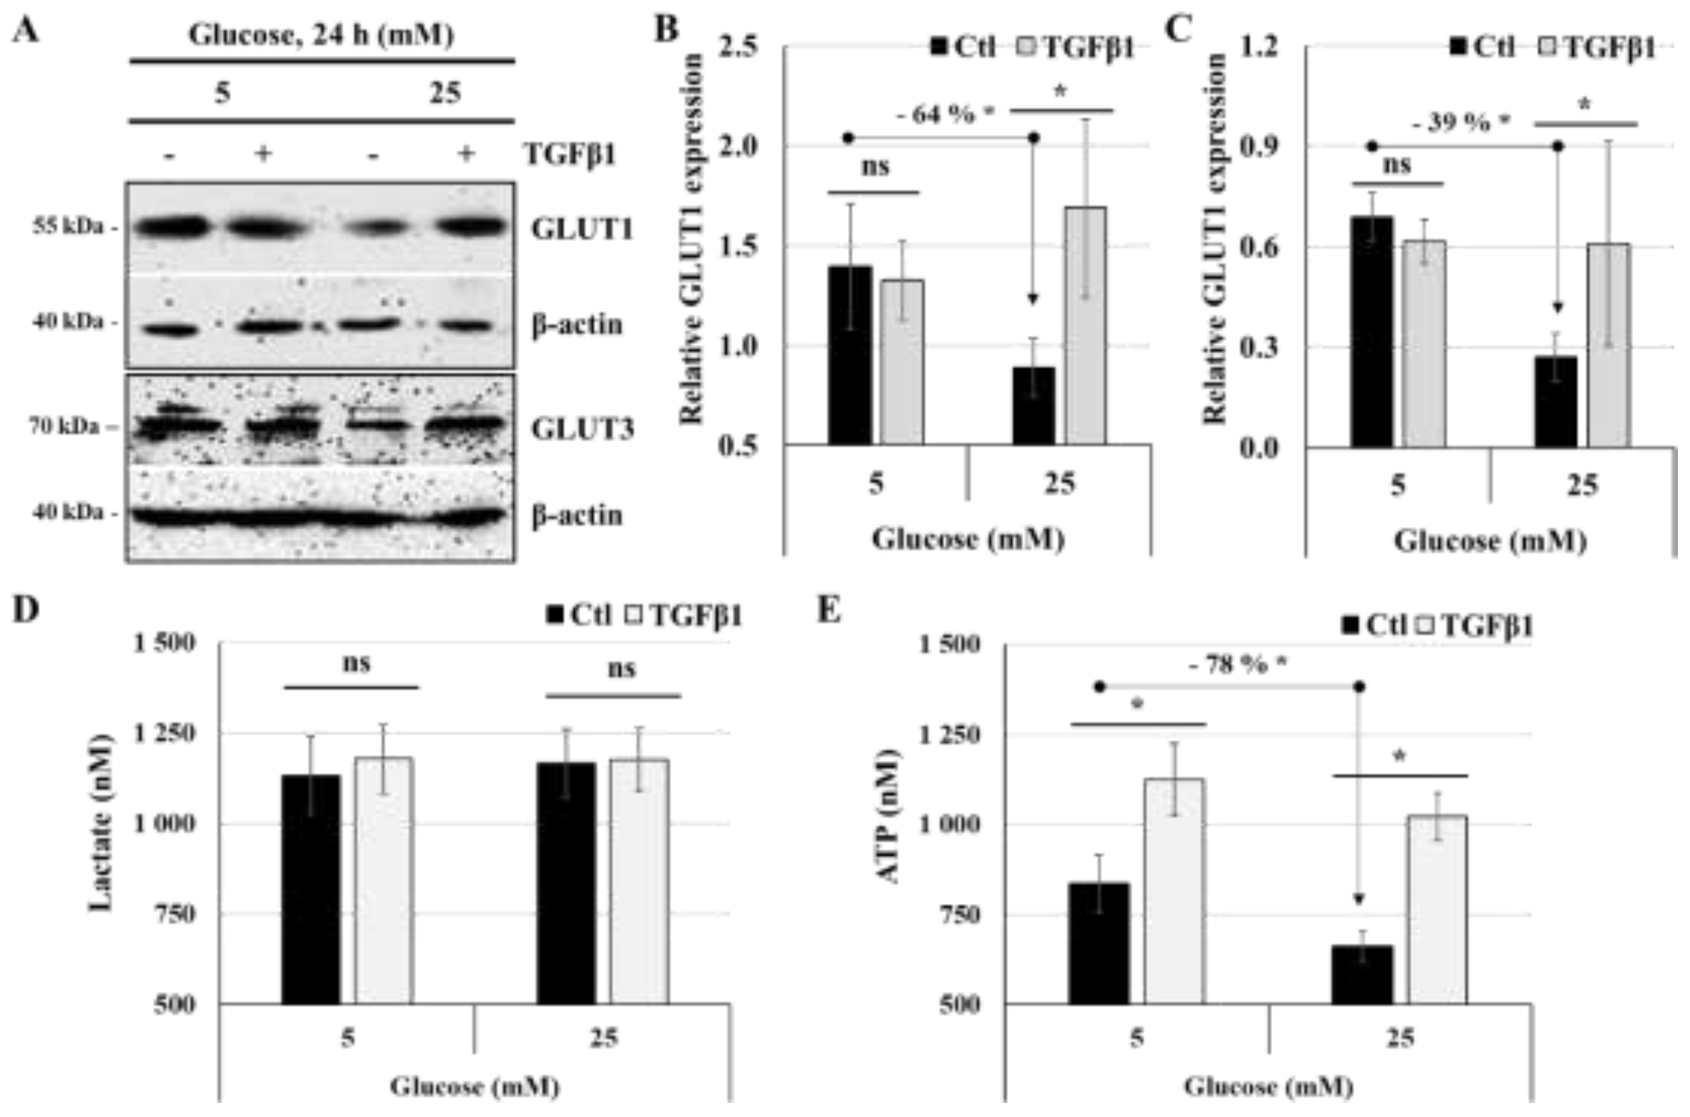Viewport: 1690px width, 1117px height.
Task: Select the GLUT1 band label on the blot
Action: (582, 230)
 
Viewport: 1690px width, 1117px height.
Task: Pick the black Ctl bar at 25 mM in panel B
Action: (1034, 406)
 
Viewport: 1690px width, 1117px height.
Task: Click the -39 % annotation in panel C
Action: (1460, 123)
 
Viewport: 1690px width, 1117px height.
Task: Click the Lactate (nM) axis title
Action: (102, 822)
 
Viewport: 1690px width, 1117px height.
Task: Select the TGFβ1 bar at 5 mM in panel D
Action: (384, 880)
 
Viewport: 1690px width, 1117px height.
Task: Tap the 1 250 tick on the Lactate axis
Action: (165, 734)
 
